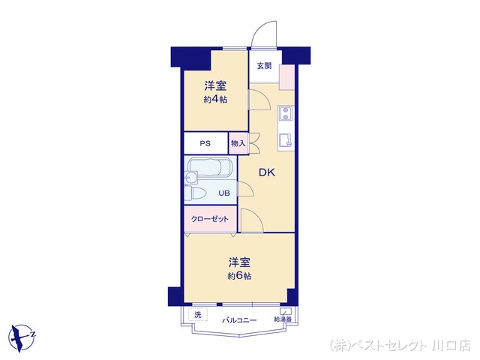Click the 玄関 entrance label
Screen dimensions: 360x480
[x=263, y=66]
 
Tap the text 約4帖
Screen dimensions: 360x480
[x=214, y=99]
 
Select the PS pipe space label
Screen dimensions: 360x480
[x=205, y=143]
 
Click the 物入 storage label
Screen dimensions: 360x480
[x=238, y=143]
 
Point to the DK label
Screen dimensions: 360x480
[x=267, y=173]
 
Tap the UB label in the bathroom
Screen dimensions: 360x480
[x=223, y=193]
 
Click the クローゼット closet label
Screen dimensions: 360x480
[x=209, y=218]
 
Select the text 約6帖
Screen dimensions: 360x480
[x=239, y=276]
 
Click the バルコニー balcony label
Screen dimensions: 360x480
[x=239, y=320]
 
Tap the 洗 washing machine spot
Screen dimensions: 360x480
[x=198, y=315]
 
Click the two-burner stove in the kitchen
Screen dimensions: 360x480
[x=286, y=114]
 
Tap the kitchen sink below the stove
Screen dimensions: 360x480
[x=285, y=140]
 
